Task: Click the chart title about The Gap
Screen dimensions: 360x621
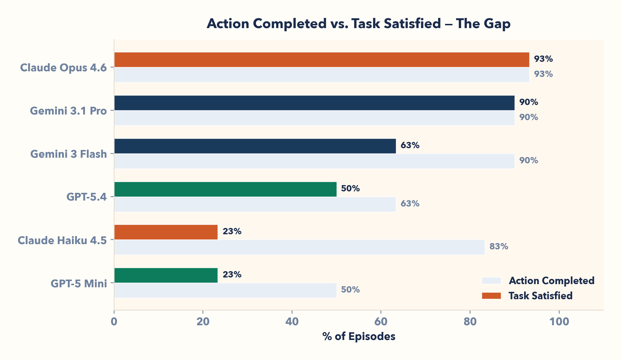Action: pyautogui.click(x=358, y=24)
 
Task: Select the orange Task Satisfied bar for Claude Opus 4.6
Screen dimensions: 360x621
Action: pyautogui.click(x=322, y=60)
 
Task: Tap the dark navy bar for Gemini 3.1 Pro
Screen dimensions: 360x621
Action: pyautogui.click(x=314, y=103)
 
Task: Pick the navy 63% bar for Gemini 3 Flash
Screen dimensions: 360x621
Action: pyautogui.click(x=255, y=146)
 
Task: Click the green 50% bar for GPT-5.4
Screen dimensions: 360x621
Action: pyautogui.click(x=225, y=189)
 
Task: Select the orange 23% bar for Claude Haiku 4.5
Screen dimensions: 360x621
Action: pyautogui.click(x=166, y=232)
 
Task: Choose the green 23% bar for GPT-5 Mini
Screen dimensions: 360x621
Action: pyautogui.click(x=166, y=275)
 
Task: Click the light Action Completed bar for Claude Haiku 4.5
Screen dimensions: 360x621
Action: pyautogui.click(x=299, y=247)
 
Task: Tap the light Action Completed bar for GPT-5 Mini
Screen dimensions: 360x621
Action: pyautogui.click(x=225, y=290)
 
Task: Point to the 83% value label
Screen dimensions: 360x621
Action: pyautogui.click(x=498, y=247)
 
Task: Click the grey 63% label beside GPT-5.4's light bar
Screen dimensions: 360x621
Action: pyautogui.click(x=410, y=204)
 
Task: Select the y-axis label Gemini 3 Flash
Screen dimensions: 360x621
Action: pyautogui.click(x=68, y=154)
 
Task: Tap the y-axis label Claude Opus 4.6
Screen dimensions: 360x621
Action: pyautogui.click(x=63, y=68)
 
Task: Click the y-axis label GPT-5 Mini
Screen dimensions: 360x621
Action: pyautogui.click(x=79, y=283)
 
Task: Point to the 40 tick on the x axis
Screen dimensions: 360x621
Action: pyautogui.click(x=292, y=322)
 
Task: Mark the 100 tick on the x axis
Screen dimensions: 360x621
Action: pyautogui.click(x=559, y=322)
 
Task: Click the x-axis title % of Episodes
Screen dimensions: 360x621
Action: pyautogui.click(x=358, y=336)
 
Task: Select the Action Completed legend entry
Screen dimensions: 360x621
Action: pyautogui.click(x=551, y=281)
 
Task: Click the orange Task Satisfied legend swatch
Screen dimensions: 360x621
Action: pyautogui.click(x=491, y=296)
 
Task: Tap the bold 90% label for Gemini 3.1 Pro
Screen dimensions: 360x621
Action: pyautogui.click(x=528, y=102)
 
